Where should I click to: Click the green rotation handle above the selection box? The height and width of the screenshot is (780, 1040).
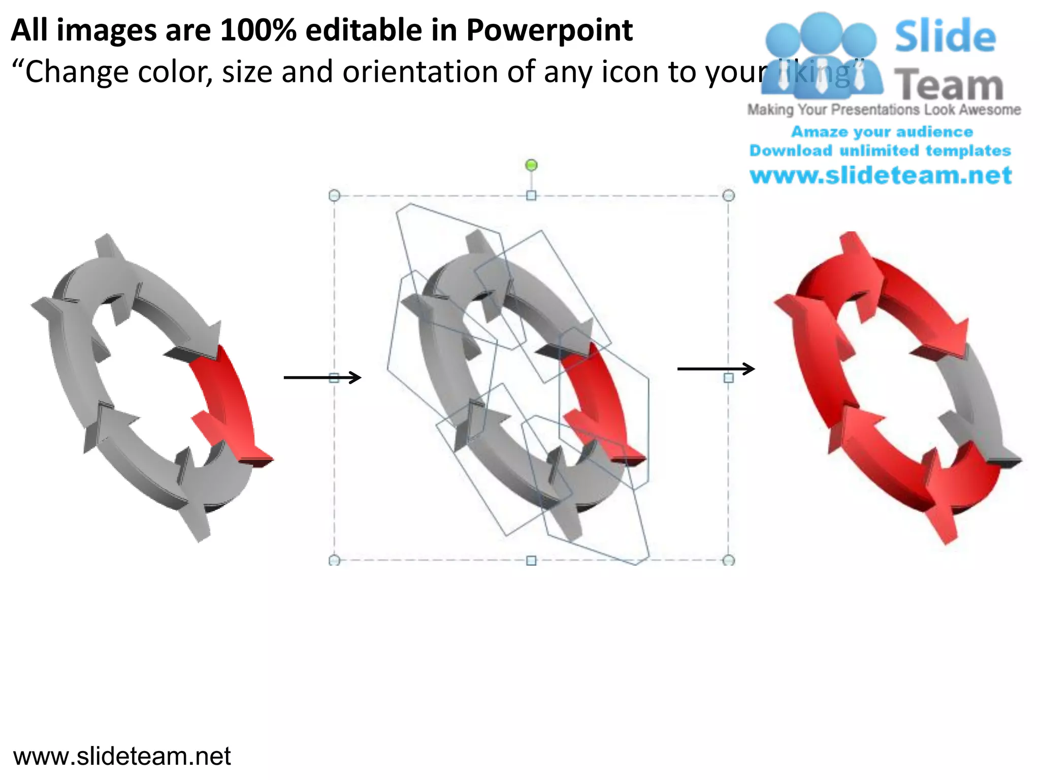531,165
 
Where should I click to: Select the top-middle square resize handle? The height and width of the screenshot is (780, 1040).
531,196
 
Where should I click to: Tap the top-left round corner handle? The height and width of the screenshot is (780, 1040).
334,196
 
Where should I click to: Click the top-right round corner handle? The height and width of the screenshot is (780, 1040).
728,196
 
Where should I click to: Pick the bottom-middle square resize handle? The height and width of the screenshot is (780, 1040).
531,560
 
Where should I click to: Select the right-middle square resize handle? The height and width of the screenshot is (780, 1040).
728,378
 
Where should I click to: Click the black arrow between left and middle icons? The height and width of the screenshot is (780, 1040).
322,377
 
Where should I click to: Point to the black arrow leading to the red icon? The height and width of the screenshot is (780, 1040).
716,369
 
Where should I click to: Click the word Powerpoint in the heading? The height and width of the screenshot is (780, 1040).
549,30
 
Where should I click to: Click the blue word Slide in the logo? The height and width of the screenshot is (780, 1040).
945,37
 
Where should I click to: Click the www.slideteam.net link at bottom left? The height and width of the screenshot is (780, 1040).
122,756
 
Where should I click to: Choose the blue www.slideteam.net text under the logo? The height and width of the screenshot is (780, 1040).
881,175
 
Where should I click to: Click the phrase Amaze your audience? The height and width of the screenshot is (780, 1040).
882,132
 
